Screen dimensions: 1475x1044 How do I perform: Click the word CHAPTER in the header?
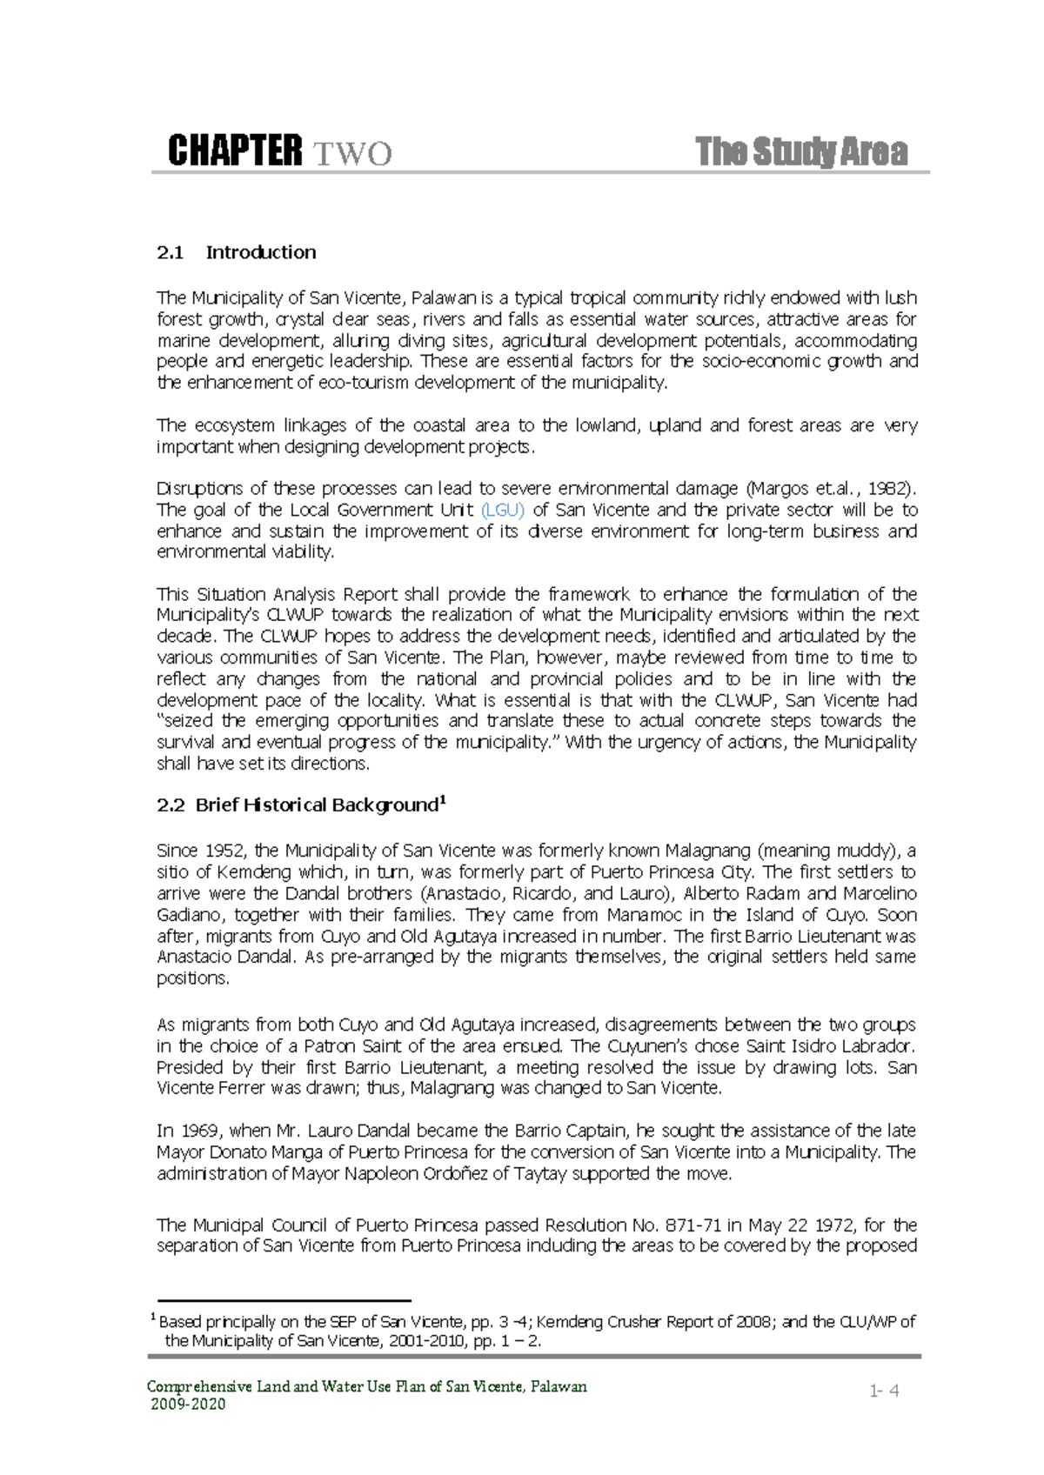[x=235, y=151]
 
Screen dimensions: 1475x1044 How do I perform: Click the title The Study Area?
[x=801, y=152]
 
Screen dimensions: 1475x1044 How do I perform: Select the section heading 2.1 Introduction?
[x=237, y=253]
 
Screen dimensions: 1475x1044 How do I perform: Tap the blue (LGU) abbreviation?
[x=503, y=511]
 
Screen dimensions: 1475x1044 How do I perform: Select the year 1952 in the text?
[x=224, y=851]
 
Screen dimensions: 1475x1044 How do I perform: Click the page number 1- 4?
[x=884, y=1391]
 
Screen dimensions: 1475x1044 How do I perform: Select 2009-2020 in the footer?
[x=188, y=1405]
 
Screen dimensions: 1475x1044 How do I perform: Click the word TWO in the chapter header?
[x=352, y=154]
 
